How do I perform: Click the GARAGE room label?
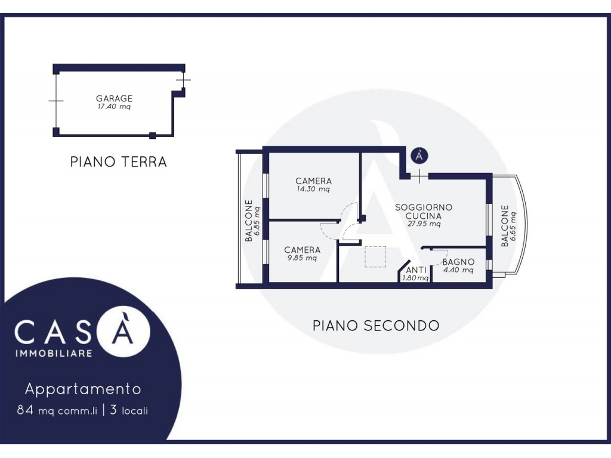click(x=114, y=98)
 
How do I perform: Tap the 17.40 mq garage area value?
click(x=114, y=106)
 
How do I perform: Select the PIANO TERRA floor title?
click(x=119, y=162)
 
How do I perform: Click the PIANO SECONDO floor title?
click(x=376, y=326)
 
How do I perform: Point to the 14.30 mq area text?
click(x=313, y=189)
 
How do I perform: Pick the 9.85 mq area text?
click(x=302, y=258)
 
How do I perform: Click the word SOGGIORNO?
click(x=424, y=207)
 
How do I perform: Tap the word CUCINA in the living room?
click(x=424, y=216)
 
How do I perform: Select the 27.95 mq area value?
click(x=424, y=224)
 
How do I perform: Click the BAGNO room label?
click(x=458, y=262)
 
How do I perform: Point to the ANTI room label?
click(x=416, y=270)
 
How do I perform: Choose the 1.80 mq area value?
click(x=415, y=278)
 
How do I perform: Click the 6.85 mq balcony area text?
click(x=257, y=221)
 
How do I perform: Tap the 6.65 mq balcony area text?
click(x=513, y=226)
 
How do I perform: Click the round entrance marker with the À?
click(x=419, y=156)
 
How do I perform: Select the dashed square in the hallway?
click(x=375, y=256)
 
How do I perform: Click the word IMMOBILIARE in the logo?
click(x=54, y=353)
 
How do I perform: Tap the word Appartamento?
click(x=83, y=389)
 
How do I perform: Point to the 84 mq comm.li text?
click(x=57, y=410)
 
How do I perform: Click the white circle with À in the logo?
click(x=123, y=332)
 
